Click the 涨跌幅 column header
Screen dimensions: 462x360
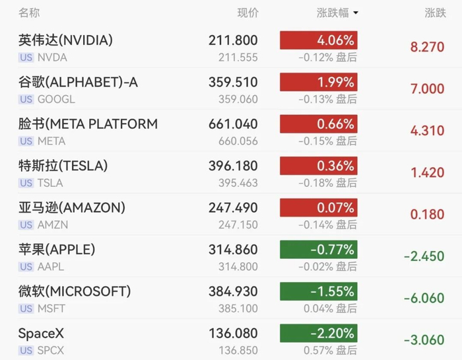point(333,13)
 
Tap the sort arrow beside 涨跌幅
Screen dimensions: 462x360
point(356,13)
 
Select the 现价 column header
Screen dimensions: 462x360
point(247,13)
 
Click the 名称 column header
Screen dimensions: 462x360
point(29,13)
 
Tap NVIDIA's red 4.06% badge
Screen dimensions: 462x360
point(319,40)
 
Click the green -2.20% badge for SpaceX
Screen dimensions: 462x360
point(319,333)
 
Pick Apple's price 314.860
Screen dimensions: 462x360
point(233,250)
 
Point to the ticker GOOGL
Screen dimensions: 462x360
point(56,99)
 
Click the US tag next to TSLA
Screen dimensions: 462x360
point(26,183)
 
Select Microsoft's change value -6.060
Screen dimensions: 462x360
point(424,298)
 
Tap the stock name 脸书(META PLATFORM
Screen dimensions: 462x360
point(88,124)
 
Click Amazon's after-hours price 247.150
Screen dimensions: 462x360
point(238,225)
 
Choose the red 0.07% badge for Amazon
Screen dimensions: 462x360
point(319,207)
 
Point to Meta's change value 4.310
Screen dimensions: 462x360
point(427,131)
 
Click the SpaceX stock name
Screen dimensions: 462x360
point(41,334)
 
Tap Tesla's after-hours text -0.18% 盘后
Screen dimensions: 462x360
point(327,183)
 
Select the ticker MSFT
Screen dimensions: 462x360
point(51,308)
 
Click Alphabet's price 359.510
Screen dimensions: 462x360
point(233,83)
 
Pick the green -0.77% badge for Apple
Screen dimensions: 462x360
point(319,250)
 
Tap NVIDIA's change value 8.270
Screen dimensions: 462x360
point(427,47)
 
